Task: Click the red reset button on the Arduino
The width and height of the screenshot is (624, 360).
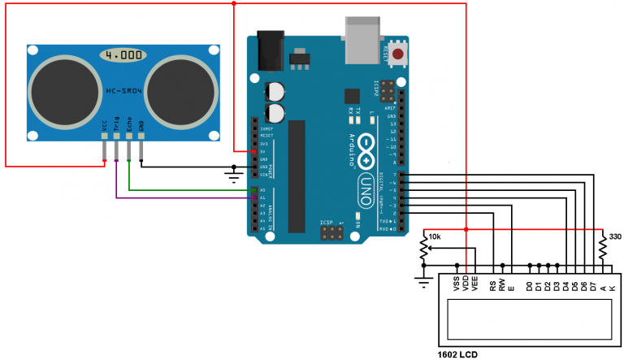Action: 398,54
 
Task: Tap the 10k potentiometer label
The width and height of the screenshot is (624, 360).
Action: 435,236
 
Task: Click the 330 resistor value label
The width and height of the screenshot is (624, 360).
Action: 614,236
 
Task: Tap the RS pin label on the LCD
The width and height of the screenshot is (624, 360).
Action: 493,285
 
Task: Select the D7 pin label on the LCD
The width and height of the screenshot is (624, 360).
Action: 593,285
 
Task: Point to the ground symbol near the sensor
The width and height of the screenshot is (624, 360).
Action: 234,171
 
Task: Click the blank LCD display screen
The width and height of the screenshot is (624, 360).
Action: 529,319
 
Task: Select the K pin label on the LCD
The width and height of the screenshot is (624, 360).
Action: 613,287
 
